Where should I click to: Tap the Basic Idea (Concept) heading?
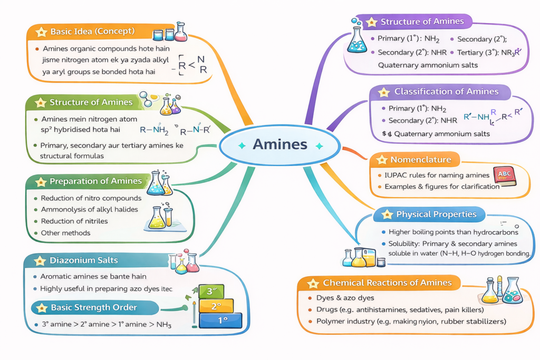(92, 32)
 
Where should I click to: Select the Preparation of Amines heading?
(95, 181)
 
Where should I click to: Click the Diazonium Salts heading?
(83, 260)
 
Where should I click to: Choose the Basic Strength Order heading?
(93, 307)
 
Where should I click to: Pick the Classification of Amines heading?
(446, 92)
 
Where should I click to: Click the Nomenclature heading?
(420, 160)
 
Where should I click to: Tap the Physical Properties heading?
(436, 215)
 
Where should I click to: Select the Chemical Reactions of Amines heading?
(387, 283)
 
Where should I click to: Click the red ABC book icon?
(504, 177)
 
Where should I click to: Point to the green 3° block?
(211, 290)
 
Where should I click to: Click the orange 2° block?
(215, 306)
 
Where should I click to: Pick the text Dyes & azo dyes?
(345, 298)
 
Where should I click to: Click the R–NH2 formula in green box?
(154, 128)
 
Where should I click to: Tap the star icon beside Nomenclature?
(381, 160)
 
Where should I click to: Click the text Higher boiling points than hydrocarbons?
(453, 232)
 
